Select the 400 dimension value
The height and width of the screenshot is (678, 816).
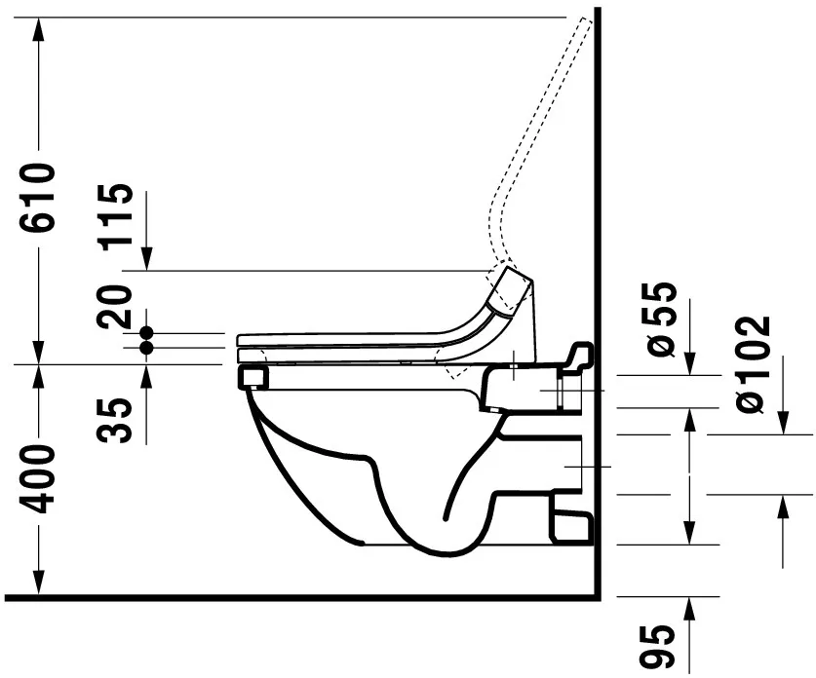[x=38, y=480]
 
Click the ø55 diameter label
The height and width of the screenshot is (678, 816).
[x=660, y=318]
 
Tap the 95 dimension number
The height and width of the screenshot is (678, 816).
[x=660, y=648]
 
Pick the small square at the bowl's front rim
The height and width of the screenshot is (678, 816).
[x=253, y=376]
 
